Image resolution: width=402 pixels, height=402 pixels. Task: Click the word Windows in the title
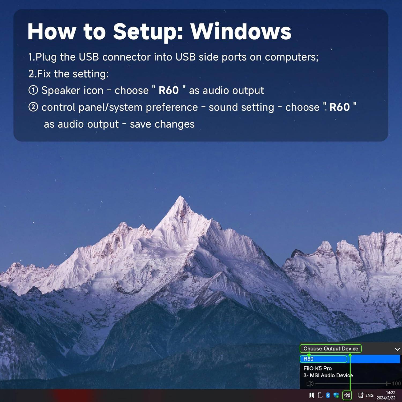(x=241, y=32)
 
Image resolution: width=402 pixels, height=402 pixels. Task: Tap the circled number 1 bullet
(x=33, y=90)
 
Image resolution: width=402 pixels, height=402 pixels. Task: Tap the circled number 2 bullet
(x=33, y=107)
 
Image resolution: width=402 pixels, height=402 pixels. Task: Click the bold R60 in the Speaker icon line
(x=169, y=91)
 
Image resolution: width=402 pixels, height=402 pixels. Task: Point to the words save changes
(x=162, y=124)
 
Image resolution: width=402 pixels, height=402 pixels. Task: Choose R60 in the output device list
(x=308, y=359)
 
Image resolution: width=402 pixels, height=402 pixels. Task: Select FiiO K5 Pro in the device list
(x=318, y=368)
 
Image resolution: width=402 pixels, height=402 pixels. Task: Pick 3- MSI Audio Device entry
(x=328, y=375)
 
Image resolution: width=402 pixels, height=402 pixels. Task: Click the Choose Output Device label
(x=331, y=349)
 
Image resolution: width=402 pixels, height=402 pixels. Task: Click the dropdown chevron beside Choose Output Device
(x=397, y=349)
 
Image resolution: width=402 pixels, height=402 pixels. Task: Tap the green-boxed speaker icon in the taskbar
(x=347, y=395)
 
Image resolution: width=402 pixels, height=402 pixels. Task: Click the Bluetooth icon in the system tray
(x=328, y=395)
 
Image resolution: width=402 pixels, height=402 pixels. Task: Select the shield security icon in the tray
(x=336, y=395)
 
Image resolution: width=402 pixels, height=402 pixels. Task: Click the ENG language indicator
(x=369, y=395)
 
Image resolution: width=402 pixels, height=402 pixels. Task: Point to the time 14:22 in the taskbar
(x=390, y=393)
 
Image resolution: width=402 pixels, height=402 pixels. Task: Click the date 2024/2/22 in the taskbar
(x=386, y=398)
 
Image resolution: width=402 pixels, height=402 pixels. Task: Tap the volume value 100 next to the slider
(x=396, y=384)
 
